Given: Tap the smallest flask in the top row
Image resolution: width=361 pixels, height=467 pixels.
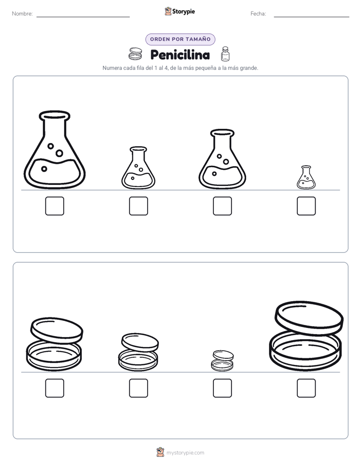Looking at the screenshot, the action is (x=306, y=177).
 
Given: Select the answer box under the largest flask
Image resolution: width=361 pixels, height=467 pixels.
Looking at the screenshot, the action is (x=55, y=206).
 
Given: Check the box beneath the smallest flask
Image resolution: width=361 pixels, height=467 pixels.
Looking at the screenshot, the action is (x=306, y=206).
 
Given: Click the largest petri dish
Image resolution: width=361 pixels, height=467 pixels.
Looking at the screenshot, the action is (x=306, y=336).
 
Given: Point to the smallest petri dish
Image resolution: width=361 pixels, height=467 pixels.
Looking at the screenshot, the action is (x=222, y=361).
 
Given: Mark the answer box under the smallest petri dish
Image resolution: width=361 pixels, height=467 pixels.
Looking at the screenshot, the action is (x=222, y=388).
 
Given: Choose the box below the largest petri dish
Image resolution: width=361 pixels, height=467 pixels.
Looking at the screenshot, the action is (x=306, y=388).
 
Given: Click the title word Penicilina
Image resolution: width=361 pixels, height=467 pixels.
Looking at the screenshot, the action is (x=180, y=55).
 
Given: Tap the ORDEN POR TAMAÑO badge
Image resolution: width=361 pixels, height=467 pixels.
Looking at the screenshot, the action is (x=180, y=39).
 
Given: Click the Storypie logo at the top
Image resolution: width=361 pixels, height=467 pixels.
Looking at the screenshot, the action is (x=179, y=11).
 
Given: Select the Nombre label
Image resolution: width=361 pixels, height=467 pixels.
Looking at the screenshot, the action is (x=22, y=14).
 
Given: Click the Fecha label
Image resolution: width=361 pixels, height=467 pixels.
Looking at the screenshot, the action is (x=258, y=14).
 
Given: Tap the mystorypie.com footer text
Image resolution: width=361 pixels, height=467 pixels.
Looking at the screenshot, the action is (x=185, y=453).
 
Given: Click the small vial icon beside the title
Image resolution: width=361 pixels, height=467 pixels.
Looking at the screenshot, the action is (x=225, y=54).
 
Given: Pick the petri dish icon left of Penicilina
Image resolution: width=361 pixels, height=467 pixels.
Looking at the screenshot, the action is (x=135, y=54).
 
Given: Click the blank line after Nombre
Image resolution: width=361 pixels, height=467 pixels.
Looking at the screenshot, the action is (x=83, y=17).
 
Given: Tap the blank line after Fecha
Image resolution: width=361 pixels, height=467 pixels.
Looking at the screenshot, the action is (x=311, y=17).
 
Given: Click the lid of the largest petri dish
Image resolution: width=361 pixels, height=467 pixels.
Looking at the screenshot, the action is (x=309, y=317).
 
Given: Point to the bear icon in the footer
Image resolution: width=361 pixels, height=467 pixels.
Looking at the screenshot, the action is (x=161, y=452).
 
